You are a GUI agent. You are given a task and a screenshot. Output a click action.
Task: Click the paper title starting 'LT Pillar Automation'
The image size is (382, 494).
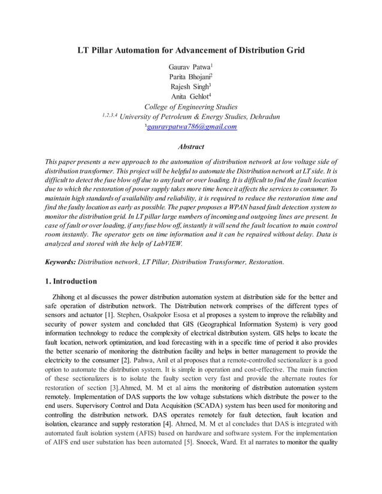[191, 50]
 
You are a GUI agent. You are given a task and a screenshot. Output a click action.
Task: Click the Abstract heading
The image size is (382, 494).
[191, 147]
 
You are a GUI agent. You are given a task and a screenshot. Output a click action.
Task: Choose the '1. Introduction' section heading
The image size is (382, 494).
[71, 281]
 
